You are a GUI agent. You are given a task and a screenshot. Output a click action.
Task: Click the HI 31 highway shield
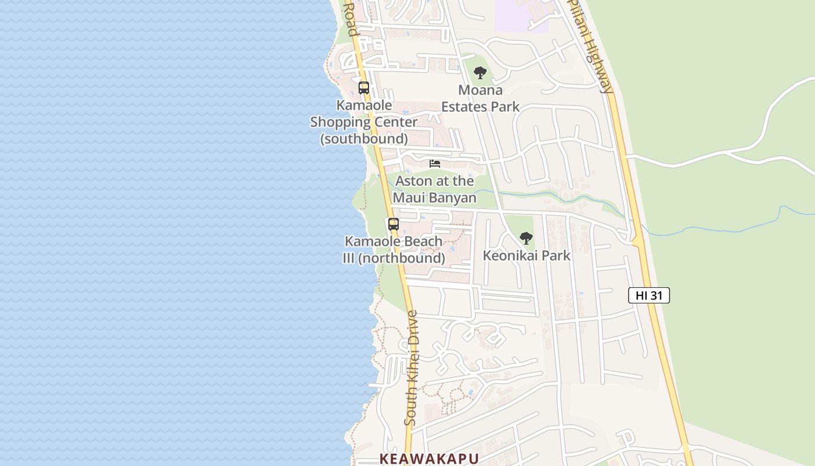pyautogui.click(x=649, y=295)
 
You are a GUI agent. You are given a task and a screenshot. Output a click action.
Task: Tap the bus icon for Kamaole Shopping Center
pyautogui.click(x=364, y=88)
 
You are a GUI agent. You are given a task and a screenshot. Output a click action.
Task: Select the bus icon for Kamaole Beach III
pyautogui.click(x=394, y=224)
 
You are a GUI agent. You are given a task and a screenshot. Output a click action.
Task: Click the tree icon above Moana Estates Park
pyautogui.click(x=480, y=73)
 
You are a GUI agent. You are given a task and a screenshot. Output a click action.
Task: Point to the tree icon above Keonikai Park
pyautogui.click(x=526, y=238)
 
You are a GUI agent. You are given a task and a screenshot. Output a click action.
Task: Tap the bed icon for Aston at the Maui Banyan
pyautogui.click(x=435, y=164)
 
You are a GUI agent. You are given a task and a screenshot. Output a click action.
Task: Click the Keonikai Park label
pyautogui.click(x=526, y=256)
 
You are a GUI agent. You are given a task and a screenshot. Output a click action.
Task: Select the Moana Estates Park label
pyautogui.click(x=480, y=98)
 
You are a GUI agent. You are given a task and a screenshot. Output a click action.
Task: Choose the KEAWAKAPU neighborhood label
pyautogui.click(x=429, y=458)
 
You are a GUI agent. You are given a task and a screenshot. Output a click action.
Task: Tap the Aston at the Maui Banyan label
pyautogui.click(x=435, y=189)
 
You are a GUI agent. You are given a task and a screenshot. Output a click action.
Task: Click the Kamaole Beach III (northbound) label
pyautogui.click(x=394, y=249)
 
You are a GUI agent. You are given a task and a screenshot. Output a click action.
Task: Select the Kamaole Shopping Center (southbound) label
pyautogui.click(x=364, y=122)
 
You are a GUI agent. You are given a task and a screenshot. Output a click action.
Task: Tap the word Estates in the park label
pyautogui.click(x=463, y=107)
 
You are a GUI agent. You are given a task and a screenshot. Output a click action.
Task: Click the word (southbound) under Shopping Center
pyautogui.click(x=364, y=139)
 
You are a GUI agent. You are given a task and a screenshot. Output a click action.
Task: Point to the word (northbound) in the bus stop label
pyautogui.click(x=402, y=258)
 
